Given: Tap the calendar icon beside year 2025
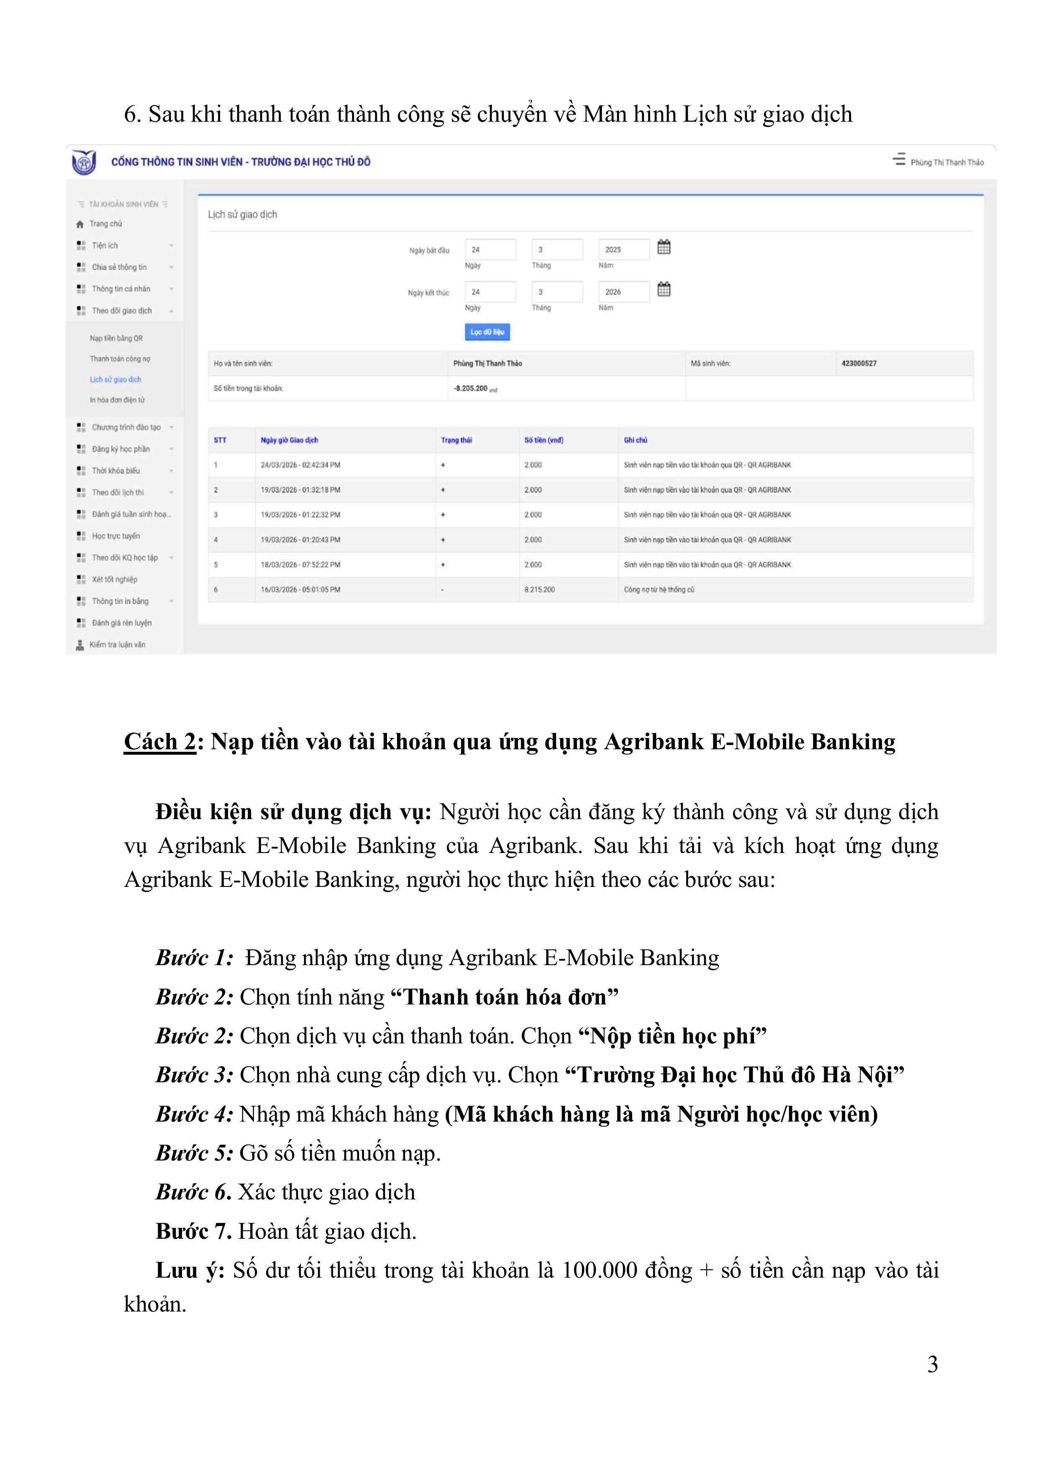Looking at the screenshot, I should coord(664,247).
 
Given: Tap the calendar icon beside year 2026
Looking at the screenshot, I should coord(664,290).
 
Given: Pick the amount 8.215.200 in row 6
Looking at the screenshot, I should coord(539,589).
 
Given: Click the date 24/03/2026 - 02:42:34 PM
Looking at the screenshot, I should coord(300,465).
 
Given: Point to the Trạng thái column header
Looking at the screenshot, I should coord(456,440).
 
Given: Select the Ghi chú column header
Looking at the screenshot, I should coord(635,440).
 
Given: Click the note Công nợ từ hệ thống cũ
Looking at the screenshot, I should coord(659,589).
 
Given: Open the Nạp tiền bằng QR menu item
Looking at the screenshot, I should coord(116,338).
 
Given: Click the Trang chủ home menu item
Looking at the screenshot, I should coord(105,224).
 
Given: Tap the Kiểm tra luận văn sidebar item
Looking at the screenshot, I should coord(117,645).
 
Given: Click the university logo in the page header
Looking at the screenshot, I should coord(84,162).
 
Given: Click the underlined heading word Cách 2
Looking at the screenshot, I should coord(160,742).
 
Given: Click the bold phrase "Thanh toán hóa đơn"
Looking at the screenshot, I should coord(504,997).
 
